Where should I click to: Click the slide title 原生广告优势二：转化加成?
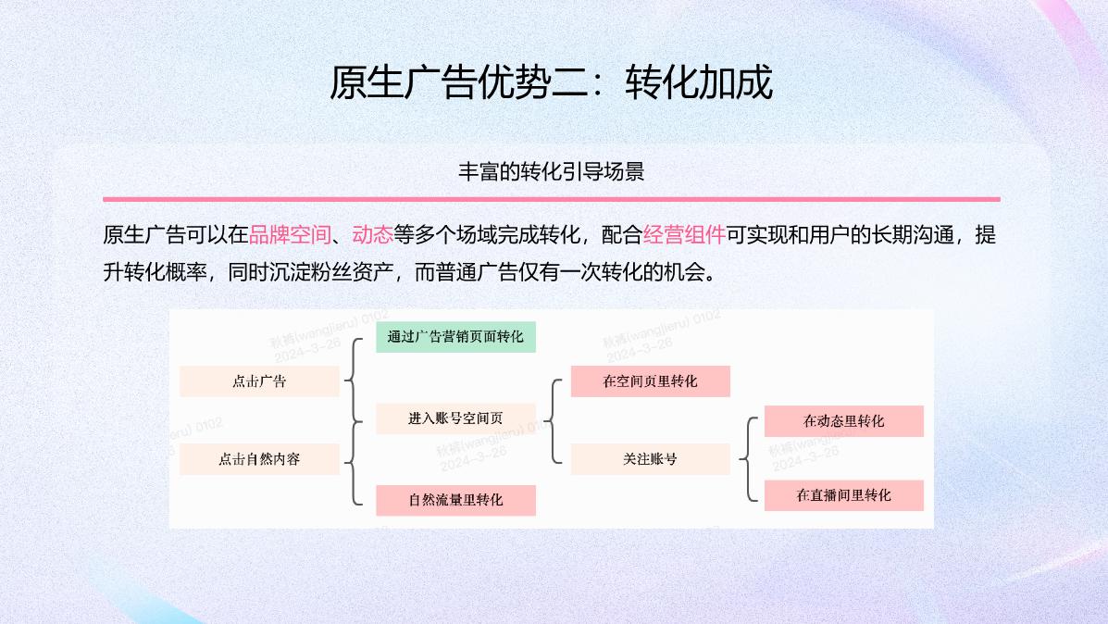(552, 83)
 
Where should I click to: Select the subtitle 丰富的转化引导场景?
(552, 172)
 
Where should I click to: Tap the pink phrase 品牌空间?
(290, 235)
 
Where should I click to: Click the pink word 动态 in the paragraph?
(373, 235)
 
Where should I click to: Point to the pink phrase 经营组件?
(684, 235)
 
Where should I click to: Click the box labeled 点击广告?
(259, 381)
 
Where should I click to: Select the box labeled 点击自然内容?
(259, 458)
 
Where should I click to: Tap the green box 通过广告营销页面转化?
(455, 337)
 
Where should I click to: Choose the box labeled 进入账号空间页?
(455, 418)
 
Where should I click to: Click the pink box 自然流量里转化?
(455, 500)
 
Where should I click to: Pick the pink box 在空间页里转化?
(650, 381)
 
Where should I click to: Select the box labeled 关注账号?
(650, 458)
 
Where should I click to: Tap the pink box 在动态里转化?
(843, 421)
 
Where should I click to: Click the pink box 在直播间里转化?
(843, 495)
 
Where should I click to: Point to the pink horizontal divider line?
(552, 199)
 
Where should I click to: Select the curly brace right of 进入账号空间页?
(553, 420)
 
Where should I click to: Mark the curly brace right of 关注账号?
(748, 459)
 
